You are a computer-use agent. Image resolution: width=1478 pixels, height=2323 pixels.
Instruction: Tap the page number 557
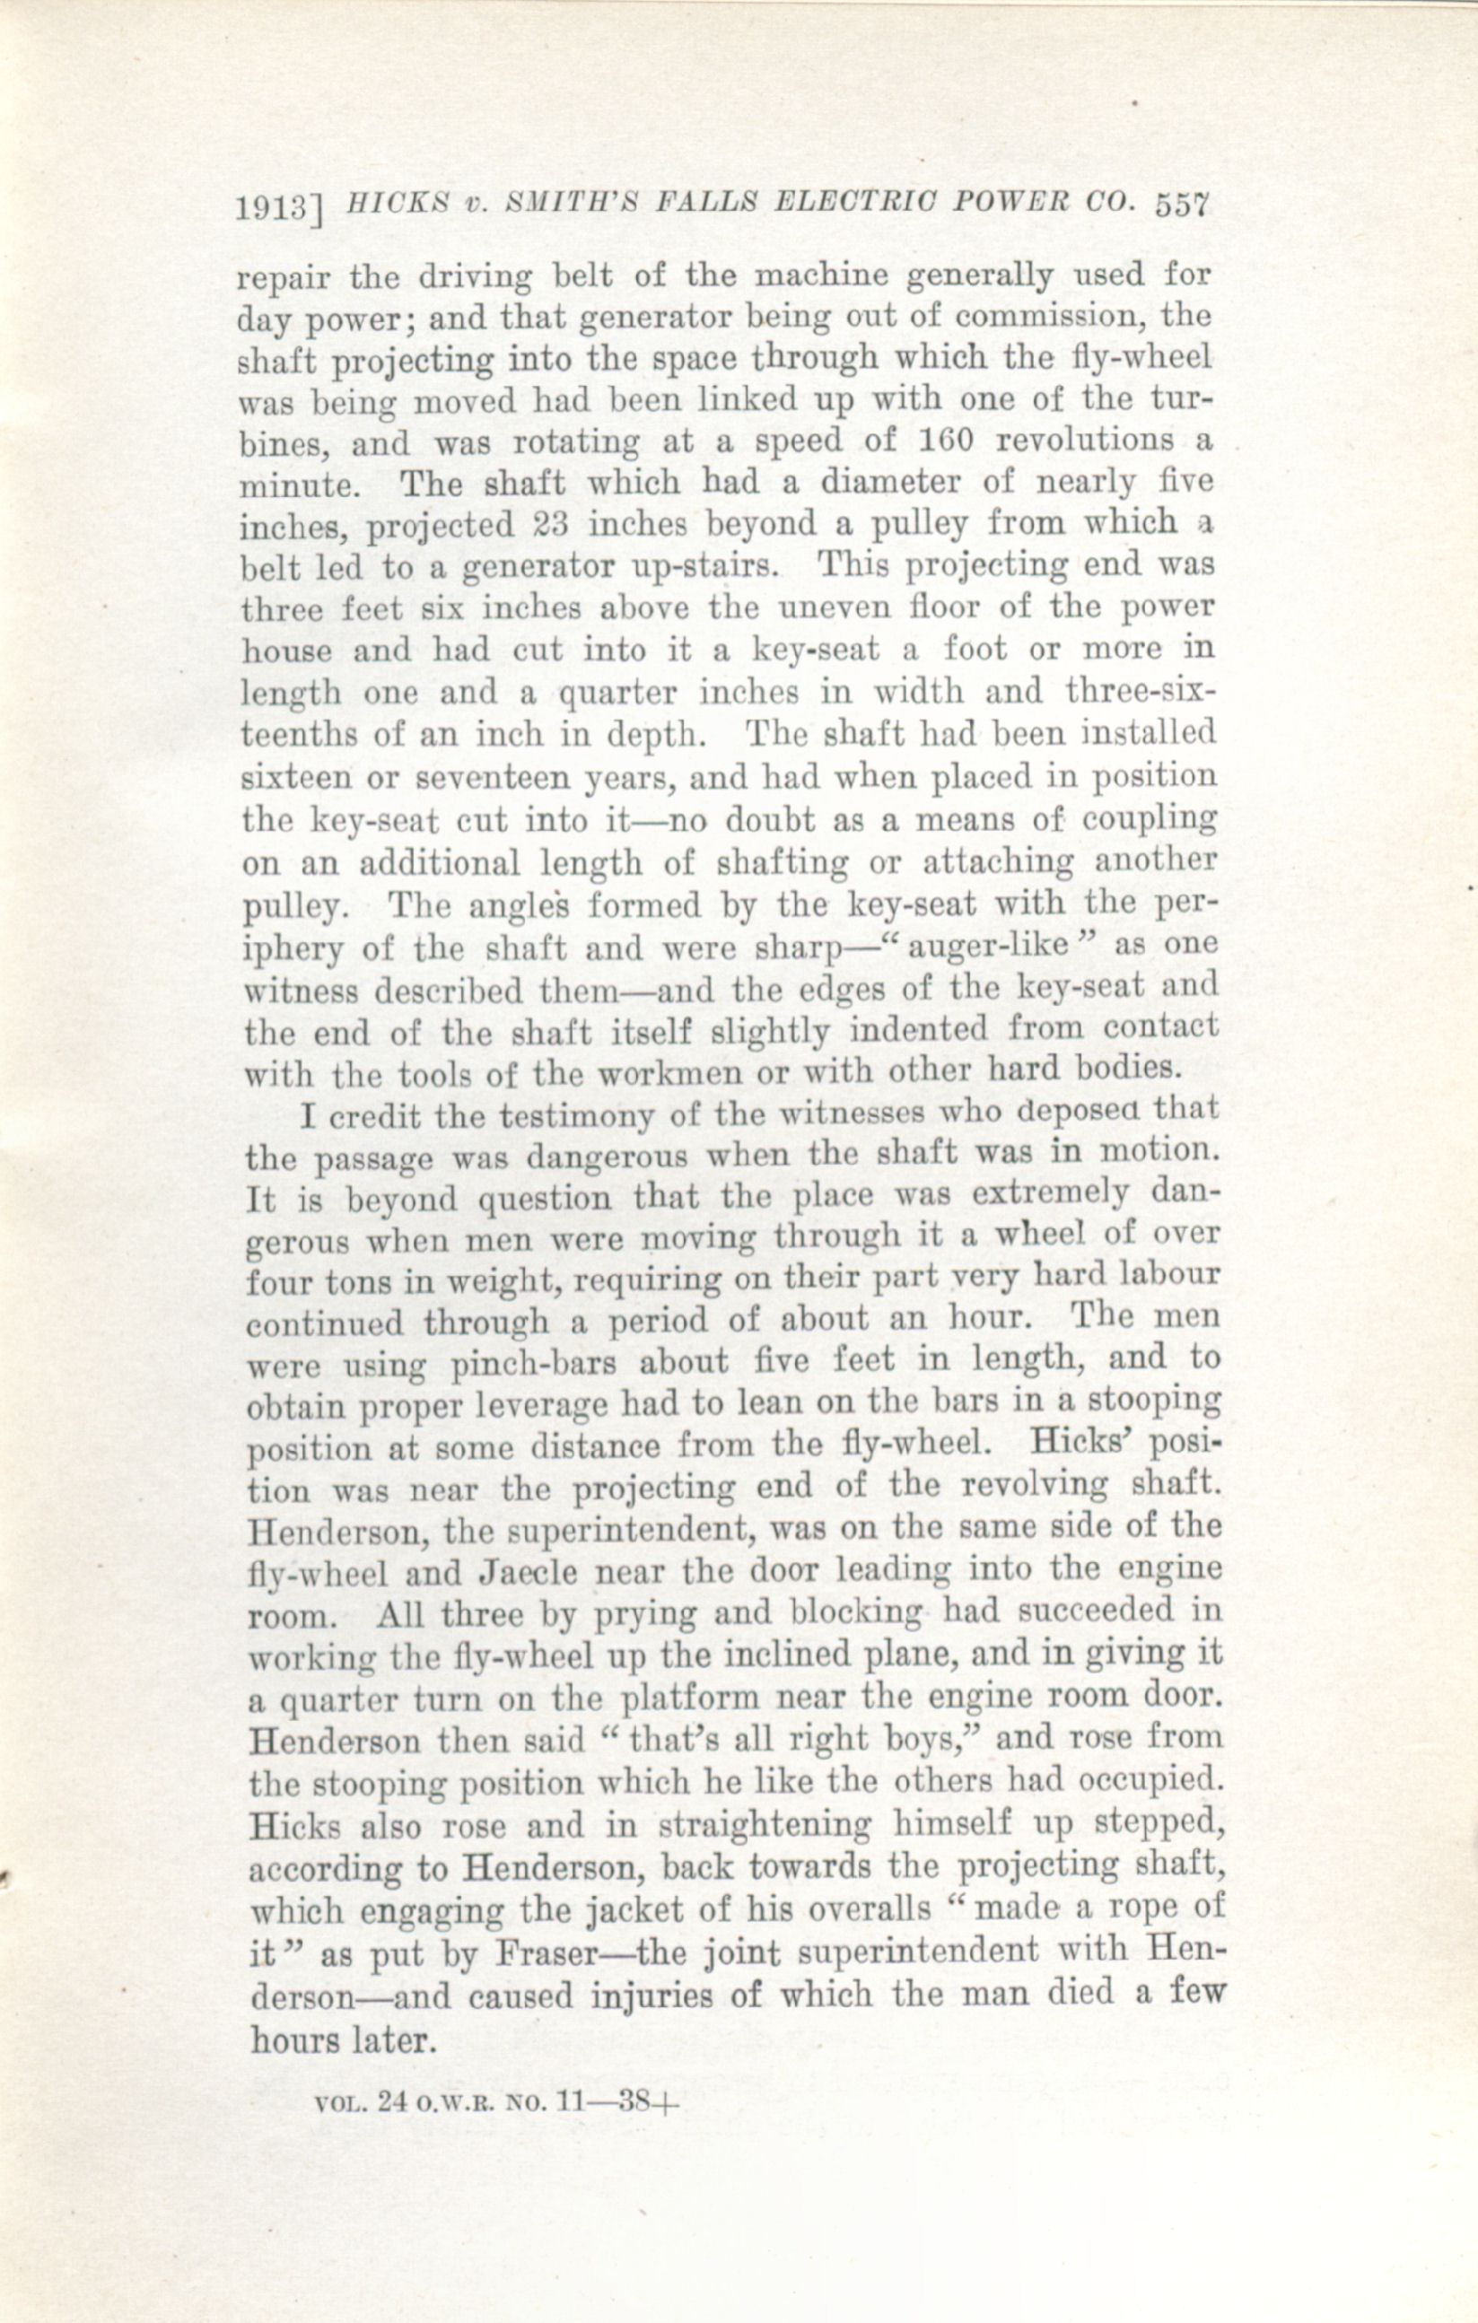(x=1181, y=207)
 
